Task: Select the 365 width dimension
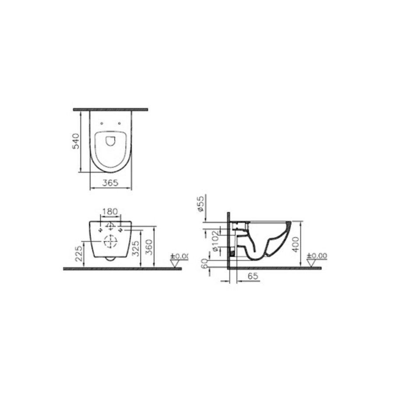[110, 184]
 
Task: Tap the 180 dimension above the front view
[109, 212]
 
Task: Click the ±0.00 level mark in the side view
[317, 256]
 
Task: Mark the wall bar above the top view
[110, 109]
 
